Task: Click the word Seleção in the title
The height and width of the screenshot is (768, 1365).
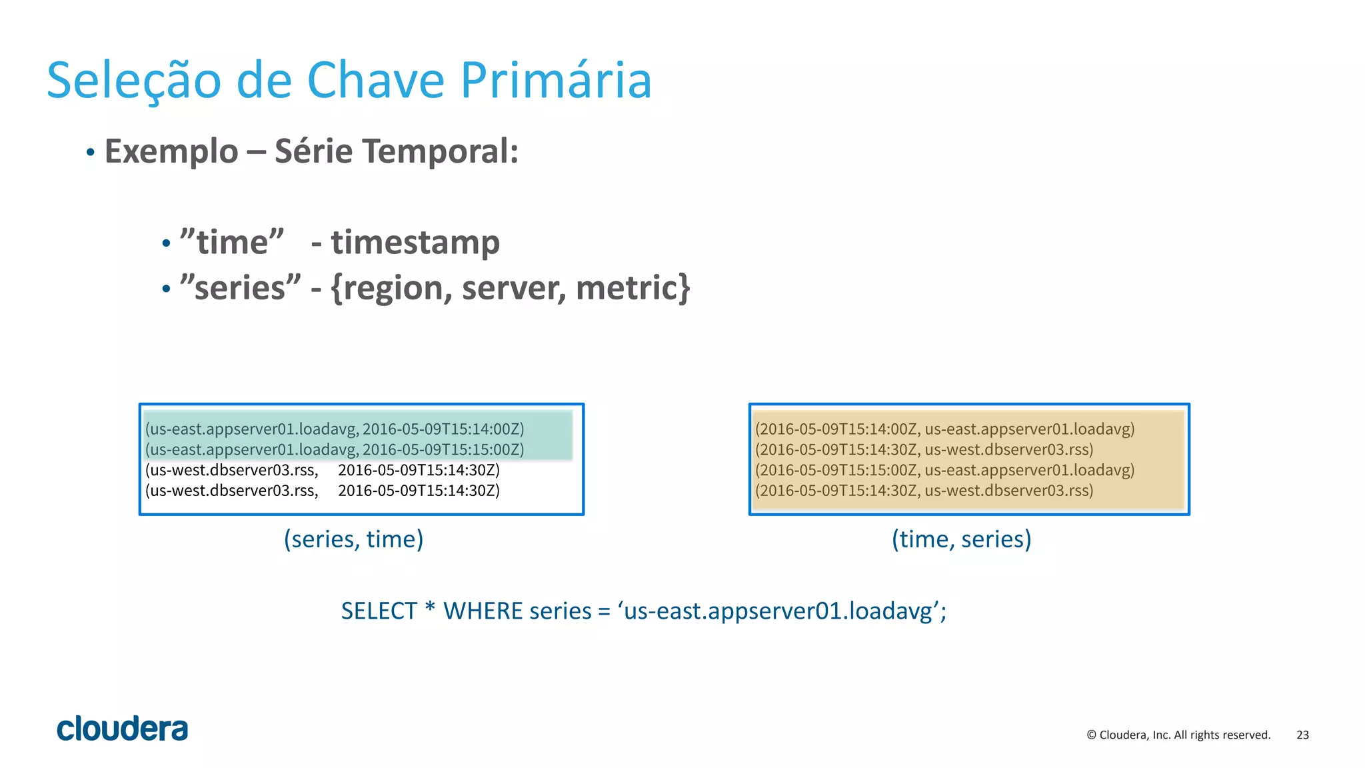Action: pos(133,81)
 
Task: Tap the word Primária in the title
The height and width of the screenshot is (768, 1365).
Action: pos(556,81)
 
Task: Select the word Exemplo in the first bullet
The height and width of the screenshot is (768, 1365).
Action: pos(171,151)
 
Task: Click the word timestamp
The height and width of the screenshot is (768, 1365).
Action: pos(415,243)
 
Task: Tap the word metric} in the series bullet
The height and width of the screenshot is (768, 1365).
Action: pos(633,288)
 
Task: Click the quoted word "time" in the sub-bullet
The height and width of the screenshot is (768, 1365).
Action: pos(232,243)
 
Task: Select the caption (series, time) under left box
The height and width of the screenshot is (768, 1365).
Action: pos(353,539)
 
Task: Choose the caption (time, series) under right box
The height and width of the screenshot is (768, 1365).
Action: pos(961,539)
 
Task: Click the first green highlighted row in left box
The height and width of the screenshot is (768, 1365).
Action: pos(335,429)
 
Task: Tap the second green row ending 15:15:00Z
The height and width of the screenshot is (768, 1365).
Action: pos(335,449)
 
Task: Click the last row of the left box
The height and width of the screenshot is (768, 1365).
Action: pos(322,491)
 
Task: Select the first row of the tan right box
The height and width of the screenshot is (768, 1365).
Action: pos(944,429)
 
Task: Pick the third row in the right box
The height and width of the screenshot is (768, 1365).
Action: pos(944,470)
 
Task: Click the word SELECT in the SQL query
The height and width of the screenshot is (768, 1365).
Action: pos(379,611)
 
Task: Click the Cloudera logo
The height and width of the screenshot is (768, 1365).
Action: pos(122,729)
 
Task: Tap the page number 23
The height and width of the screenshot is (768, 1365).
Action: pos(1302,735)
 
